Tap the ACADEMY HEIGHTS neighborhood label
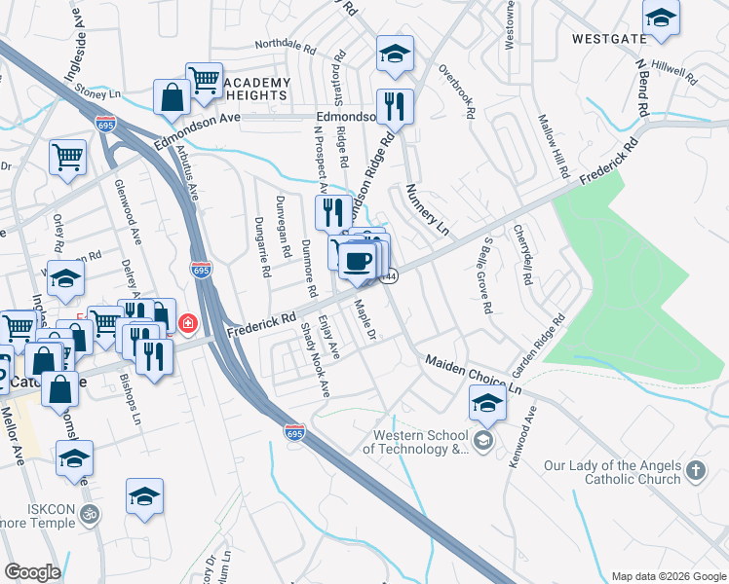tap(257, 89)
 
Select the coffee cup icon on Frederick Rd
tap(358, 260)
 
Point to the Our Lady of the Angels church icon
tap(694, 471)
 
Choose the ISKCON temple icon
tap(89, 513)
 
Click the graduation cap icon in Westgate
tap(661, 18)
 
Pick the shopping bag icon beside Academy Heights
tap(172, 96)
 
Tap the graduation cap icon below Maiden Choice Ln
tap(487, 402)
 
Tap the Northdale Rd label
tap(286, 46)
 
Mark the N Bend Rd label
tap(641, 88)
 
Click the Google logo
tap(32, 572)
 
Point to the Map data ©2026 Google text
tap(668, 576)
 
